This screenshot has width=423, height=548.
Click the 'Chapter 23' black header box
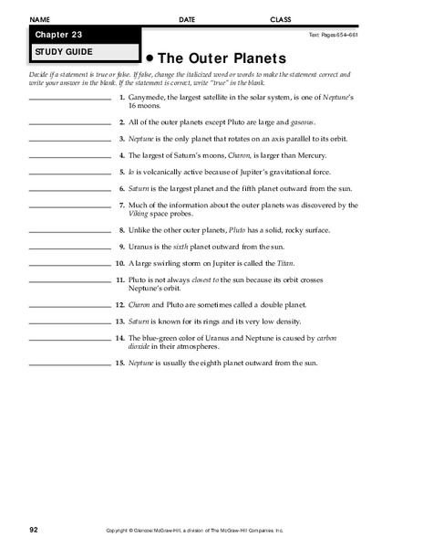click(x=83, y=35)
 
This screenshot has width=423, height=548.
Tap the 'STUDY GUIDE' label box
click(x=83, y=52)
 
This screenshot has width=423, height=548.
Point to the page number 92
click(x=34, y=529)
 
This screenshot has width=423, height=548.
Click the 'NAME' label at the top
click(x=39, y=19)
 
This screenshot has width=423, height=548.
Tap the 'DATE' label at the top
click(x=187, y=19)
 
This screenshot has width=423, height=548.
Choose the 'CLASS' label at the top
click(x=280, y=19)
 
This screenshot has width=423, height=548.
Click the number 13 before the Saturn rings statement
click(x=119, y=321)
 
